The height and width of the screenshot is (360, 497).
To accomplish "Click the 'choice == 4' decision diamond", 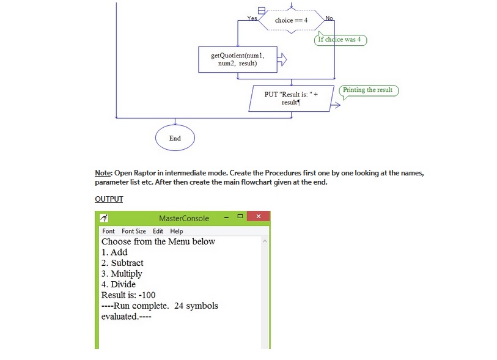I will [x=291, y=20].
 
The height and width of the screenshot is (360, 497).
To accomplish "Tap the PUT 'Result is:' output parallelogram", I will [x=292, y=98].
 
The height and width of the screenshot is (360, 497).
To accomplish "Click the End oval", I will [x=175, y=138].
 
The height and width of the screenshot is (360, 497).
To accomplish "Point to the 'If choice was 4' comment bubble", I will [x=341, y=40].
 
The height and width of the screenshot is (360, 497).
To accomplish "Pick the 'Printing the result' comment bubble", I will [x=368, y=90].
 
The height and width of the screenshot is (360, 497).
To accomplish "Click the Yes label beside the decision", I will [x=251, y=18].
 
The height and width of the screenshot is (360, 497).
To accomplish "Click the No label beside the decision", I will [x=329, y=18].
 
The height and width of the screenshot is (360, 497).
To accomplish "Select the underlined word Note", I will [x=102, y=173].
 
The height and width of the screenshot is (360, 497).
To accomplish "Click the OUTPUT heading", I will [x=109, y=199].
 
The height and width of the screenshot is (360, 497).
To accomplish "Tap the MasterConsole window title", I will [x=183, y=218].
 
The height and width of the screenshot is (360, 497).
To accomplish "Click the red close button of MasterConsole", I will [x=258, y=217].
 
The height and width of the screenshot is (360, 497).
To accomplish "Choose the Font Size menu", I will [x=133, y=231].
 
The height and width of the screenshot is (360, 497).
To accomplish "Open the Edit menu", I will [x=158, y=231].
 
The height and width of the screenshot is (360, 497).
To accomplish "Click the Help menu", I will [x=176, y=231].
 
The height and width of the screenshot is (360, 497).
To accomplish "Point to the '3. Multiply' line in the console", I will [x=122, y=274].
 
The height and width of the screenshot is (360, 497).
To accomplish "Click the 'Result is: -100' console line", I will [x=128, y=295].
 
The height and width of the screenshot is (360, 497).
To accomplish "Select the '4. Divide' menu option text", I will [x=119, y=284].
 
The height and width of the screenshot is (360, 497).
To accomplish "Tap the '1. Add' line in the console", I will [x=114, y=252].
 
